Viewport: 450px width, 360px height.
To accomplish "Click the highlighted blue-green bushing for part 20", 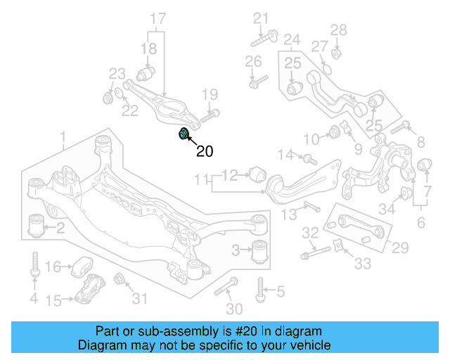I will [x=184, y=134].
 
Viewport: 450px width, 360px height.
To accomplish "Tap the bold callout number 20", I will [x=204, y=150].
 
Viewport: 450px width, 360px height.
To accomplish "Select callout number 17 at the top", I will [x=158, y=18].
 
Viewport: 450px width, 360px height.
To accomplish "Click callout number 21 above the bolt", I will [x=261, y=18].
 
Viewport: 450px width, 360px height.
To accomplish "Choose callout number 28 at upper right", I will [x=339, y=30].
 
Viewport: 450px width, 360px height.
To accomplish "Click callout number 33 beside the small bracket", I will [x=362, y=264].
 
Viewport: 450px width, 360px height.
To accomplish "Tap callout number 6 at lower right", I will [x=420, y=223].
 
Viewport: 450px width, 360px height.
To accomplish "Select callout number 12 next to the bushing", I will [x=231, y=175].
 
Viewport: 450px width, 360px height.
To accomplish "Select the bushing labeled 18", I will [x=147, y=74].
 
